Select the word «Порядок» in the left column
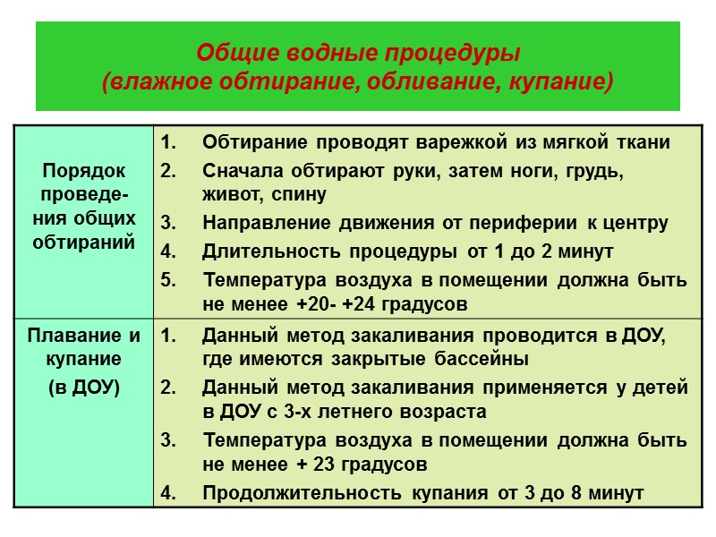point(83,170)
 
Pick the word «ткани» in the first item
point(643,142)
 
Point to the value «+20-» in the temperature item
point(317,304)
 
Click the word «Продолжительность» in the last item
point(278,492)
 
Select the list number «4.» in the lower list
point(168,492)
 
